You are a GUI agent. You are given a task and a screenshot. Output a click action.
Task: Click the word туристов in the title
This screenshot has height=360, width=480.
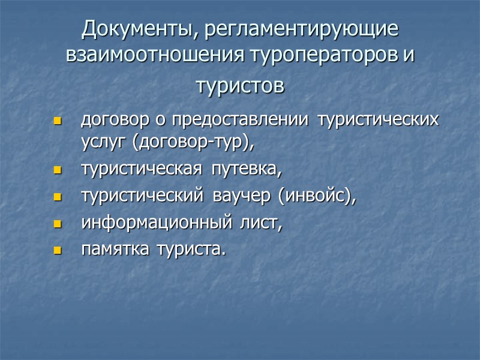click(239, 86)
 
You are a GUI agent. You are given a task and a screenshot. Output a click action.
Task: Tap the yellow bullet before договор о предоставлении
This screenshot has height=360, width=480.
click(58, 121)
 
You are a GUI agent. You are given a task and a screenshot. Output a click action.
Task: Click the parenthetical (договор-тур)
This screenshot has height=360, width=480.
click(191, 143)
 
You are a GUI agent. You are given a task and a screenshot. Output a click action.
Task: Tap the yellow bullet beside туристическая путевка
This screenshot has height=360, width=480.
click(58, 172)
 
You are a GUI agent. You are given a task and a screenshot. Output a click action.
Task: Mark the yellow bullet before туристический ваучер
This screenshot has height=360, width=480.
click(58, 198)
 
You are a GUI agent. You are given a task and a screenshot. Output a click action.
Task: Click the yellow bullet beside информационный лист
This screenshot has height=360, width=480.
click(58, 224)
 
